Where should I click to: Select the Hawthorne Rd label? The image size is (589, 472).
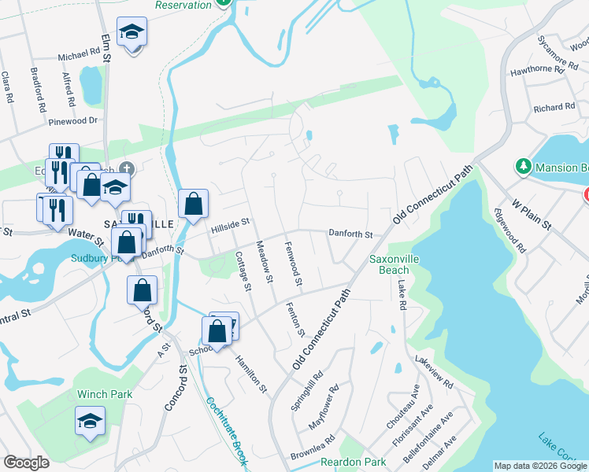538,69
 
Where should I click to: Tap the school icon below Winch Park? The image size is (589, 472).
91,422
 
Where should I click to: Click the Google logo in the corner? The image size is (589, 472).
26,463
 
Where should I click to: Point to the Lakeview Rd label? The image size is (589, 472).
434,372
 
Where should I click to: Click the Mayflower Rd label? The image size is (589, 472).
323,405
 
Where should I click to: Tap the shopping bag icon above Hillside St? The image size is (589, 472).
193,205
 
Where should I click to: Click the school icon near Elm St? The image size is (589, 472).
132,33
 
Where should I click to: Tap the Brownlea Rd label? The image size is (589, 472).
313,448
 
